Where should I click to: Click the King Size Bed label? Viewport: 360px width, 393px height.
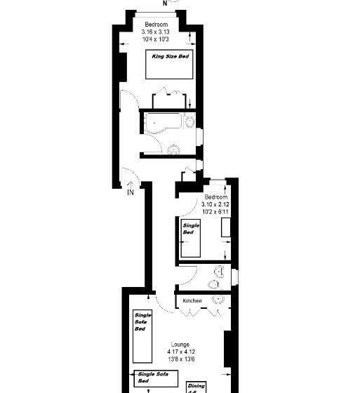pos(171,56)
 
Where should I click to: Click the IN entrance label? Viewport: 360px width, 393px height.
pos(131,192)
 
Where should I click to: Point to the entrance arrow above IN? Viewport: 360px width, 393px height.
pos(131,182)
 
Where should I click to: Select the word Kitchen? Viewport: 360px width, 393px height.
pos(192,301)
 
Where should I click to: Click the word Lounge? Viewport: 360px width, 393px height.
pos(180,345)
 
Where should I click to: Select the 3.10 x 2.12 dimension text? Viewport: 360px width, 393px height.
pos(216,204)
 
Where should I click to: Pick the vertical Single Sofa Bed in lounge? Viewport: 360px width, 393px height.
pos(142,334)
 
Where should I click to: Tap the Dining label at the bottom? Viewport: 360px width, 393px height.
pos(196,385)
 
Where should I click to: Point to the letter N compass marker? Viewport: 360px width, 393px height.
pos(165,3)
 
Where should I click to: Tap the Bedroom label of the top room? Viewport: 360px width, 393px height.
pos(156,25)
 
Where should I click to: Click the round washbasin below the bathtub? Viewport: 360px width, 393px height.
pos(173,149)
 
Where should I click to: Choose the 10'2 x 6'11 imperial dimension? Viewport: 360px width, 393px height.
pos(216,211)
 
